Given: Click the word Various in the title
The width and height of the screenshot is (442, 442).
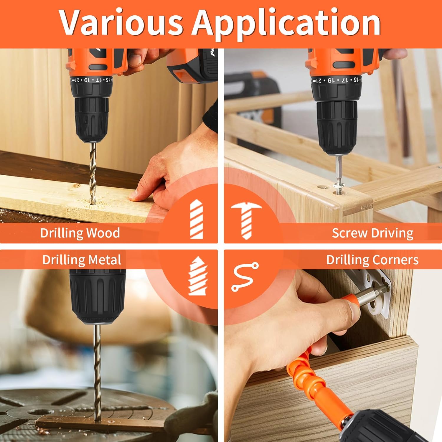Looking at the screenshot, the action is (121, 23).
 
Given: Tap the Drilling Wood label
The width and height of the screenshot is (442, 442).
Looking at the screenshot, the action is (80, 233).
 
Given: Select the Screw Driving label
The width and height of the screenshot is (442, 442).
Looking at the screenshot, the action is (372, 233).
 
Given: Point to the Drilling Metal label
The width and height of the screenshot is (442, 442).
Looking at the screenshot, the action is (82, 260).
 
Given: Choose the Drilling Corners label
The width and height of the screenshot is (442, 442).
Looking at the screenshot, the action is (372, 260).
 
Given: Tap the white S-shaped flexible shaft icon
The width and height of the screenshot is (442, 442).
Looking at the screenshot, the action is (245, 277).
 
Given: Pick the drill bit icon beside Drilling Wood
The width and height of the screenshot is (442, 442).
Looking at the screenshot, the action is (197, 219).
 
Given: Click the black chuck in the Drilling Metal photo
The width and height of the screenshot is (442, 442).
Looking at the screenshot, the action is (98, 296).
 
